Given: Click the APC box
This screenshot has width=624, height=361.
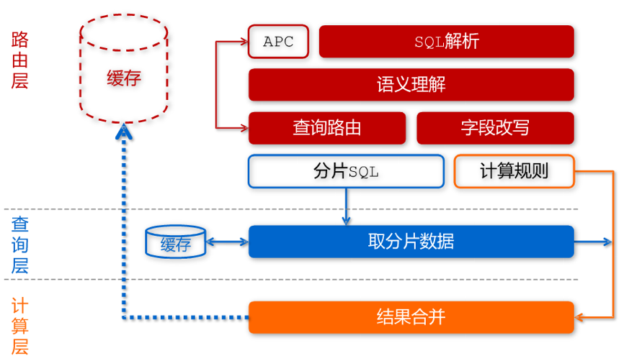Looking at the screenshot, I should tap(278, 42).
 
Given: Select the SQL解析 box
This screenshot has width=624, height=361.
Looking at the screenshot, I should tap(447, 42).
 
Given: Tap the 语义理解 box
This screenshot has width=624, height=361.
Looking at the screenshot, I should tap(411, 85).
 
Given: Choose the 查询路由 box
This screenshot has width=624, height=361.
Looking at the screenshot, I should tap(326, 128).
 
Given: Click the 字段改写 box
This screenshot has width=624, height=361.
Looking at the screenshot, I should tap(495, 128).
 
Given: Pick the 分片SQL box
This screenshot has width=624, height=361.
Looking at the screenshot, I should tap(346, 172).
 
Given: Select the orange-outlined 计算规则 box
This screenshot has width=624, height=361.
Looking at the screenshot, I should tap(514, 172).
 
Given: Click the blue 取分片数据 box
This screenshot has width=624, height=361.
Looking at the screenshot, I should tap(411, 242).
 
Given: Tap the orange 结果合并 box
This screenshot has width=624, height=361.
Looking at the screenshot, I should tap(411, 317).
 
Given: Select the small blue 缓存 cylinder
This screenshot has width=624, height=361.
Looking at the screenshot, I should tap(175, 243).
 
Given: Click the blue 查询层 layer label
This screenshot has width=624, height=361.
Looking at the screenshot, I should tap(19, 245).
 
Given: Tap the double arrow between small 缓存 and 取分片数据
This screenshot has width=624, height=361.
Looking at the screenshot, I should tap(227, 242).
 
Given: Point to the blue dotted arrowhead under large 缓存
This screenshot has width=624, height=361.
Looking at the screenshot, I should tap(125, 130).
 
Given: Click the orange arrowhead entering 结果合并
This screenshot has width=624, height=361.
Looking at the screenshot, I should tap(581, 317).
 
